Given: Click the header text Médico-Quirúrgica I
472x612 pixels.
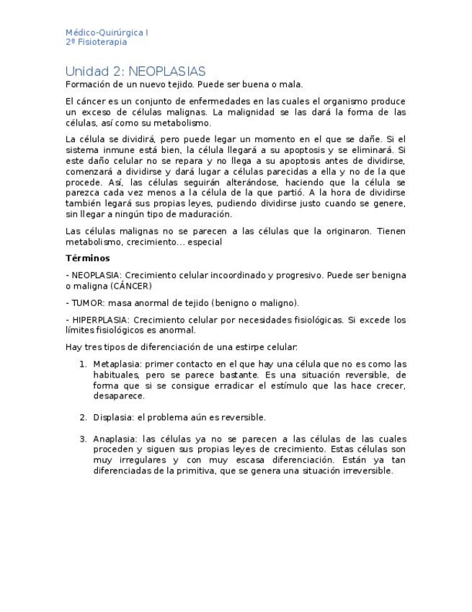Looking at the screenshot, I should point(107,32).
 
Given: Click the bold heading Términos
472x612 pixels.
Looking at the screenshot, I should point(87,258).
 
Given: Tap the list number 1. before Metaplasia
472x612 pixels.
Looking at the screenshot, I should point(84,364).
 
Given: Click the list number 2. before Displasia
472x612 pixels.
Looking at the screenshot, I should point(84,417).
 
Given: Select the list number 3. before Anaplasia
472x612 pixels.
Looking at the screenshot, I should point(84,439).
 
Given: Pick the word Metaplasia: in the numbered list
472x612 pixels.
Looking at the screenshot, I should point(113,364).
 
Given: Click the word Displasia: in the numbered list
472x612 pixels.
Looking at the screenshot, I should point(111,417).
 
